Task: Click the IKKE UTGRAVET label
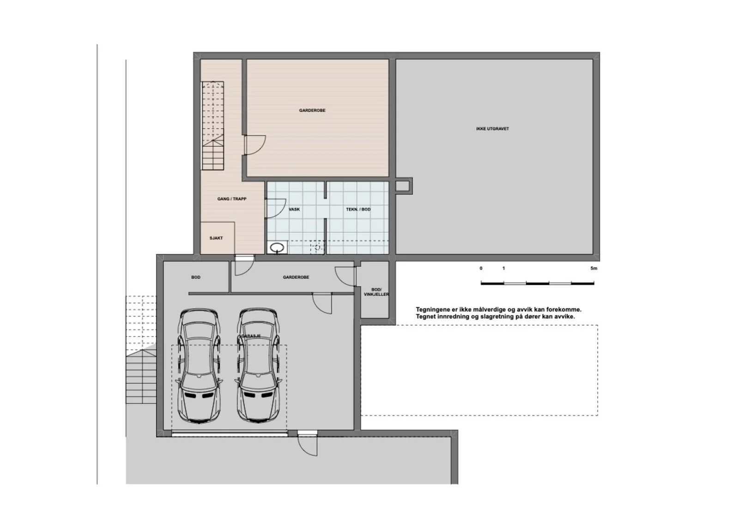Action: (x=492, y=129)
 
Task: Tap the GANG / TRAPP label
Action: (x=231, y=199)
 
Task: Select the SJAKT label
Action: (x=216, y=238)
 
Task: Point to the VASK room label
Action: (x=294, y=210)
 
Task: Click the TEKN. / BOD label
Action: (x=358, y=210)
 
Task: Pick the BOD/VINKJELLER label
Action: (x=376, y=292)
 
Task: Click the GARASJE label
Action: (x=251, y=336)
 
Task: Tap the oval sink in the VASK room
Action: (x=277, y=247)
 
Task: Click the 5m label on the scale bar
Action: (x=594, y=269)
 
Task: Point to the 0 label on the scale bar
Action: (x=481, y=269)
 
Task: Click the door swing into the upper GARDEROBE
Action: (x=254, y=145)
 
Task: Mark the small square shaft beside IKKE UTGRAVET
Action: (x=404, y=186)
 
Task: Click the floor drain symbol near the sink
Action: (x=317, y=247)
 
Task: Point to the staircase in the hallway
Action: (x=213, y=126)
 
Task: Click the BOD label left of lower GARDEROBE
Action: (x=196, y=277)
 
